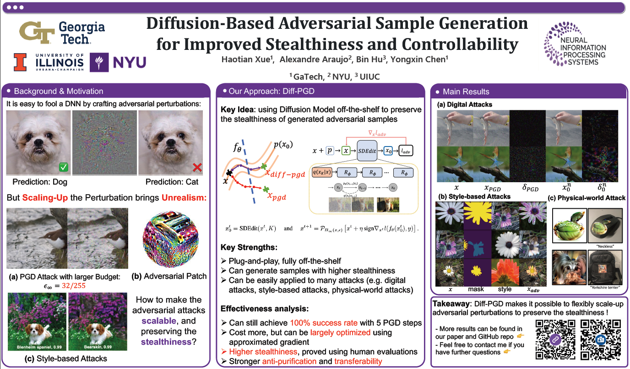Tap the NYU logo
[118, 62]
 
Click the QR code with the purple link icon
[555, 339]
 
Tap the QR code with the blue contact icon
[600, 339]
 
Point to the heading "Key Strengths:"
[249, 247]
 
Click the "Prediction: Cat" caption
[172, 182]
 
